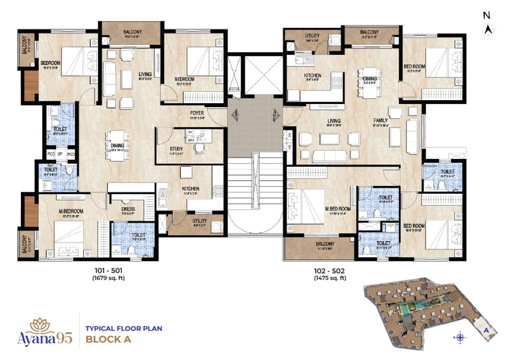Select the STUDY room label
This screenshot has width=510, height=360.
point(176,149)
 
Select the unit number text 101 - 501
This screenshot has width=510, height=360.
point(108,271)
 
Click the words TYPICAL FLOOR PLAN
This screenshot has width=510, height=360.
point(124,329)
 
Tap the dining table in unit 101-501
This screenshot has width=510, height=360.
point(118,143)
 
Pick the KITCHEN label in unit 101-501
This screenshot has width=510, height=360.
point(191,189)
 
